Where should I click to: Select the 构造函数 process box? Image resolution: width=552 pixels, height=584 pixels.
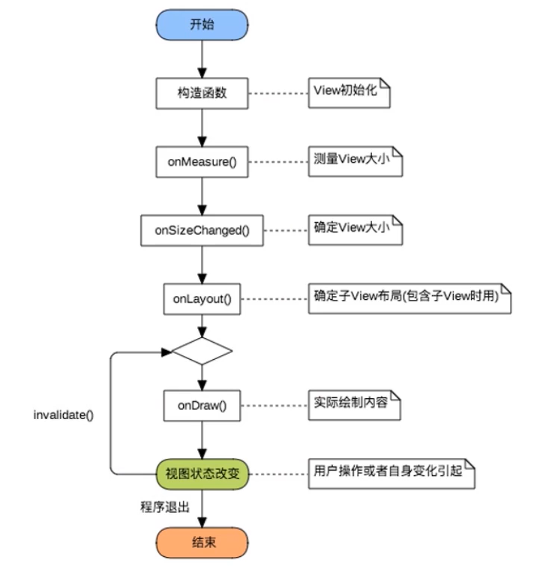coord(202,93)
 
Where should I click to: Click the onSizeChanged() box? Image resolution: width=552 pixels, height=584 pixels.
coord(202,230)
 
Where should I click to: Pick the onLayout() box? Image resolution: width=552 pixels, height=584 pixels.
coord(202,298)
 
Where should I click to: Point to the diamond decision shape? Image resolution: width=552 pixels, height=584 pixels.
coord(202,350)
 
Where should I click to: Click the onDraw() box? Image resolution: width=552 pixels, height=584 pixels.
coord(202,407)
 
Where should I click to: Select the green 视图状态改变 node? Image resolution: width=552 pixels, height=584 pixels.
coord(202,474)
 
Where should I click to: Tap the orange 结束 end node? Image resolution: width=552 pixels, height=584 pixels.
coord(202,541)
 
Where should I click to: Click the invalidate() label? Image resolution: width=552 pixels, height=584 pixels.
coord(64,414)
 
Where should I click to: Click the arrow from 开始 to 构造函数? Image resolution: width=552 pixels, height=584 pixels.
coord(202,58)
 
